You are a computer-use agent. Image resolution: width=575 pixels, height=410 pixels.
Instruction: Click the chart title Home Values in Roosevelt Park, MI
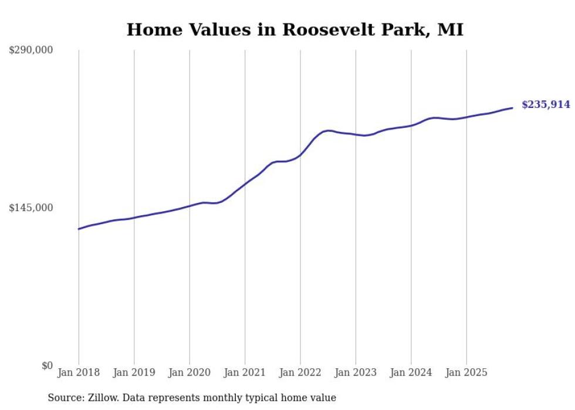[295, 30]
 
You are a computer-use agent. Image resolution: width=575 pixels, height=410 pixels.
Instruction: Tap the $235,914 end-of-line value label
[546, 105]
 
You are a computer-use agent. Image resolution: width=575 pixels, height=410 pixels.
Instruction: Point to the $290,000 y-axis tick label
[31, 50]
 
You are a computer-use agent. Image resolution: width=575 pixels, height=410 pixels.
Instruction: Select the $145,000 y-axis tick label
[31, 208]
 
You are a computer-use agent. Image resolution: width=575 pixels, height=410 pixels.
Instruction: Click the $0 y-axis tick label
[47, 365]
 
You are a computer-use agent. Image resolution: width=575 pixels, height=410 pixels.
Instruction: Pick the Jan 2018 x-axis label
[79, 372]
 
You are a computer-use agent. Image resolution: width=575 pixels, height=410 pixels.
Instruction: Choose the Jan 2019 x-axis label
[134, 372]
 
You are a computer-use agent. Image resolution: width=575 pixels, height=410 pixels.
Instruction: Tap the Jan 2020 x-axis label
[190, 372]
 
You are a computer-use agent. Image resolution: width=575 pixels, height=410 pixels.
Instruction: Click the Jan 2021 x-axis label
[245, 372]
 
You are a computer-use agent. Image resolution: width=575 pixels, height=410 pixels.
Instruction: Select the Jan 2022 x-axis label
[300, 372]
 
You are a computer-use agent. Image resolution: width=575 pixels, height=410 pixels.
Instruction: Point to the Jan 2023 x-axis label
[356, 372]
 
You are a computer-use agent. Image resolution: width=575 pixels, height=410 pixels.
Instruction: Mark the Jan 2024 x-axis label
[411, 372]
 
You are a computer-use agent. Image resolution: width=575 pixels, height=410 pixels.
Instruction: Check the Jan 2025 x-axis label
[466, 372]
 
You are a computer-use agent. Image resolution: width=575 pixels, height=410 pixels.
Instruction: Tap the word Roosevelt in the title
[327, 30]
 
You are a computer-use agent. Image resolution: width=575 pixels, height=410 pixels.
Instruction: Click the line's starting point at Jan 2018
[79, 229]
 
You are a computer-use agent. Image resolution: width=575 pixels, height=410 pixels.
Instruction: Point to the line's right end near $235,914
[512, 108]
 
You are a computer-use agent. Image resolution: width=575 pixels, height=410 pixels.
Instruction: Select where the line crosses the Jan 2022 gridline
[300, 155]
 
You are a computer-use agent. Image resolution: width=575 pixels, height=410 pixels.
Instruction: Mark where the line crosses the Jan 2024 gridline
[411, 125]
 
